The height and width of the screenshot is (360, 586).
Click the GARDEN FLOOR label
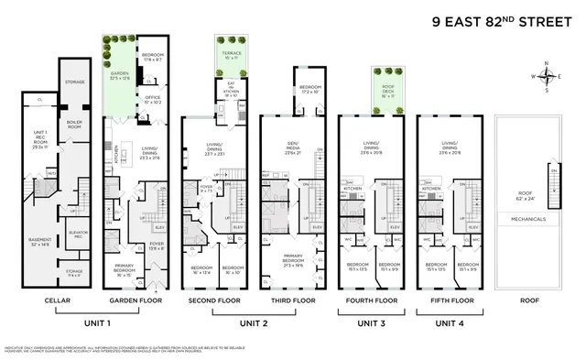(x=134, y=300)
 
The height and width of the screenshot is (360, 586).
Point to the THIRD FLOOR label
(x=292, y=300)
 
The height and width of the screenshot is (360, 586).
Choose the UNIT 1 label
(x=95, y=322)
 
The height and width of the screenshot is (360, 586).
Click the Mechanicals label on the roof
(x=527, y=219)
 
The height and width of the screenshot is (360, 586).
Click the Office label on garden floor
(x=152, y=103)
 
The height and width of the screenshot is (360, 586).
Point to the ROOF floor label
(x=527, y=300)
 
